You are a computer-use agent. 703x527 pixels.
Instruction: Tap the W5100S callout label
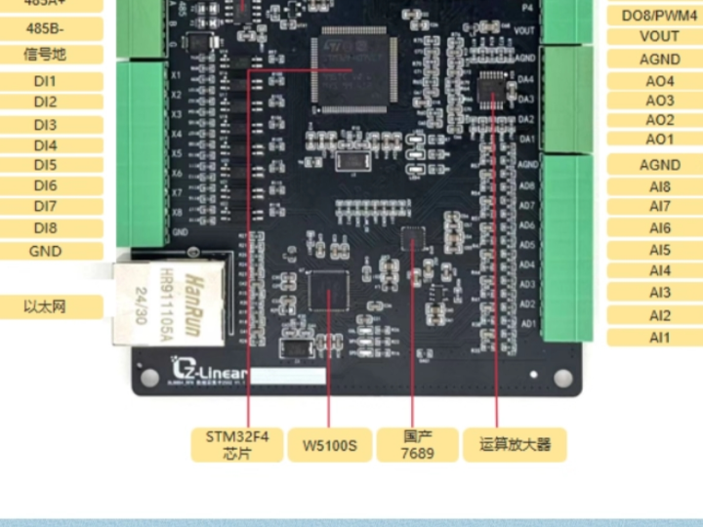(x=328, y=446)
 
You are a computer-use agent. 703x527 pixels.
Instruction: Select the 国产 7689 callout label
(x=417, y=444)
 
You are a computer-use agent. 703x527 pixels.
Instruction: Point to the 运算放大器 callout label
(x=515, y=444)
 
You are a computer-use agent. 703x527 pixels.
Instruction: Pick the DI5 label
(x=46, y=165)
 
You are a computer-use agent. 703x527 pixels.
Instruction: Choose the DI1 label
(x=46, y=81)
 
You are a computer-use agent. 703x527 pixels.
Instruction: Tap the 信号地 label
(x=46, y=55)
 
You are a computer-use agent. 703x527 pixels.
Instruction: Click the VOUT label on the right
(x=659, y=36)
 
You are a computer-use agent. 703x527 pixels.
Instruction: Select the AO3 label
(x=659, y=101)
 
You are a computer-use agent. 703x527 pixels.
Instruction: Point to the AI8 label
(x=660, y=186)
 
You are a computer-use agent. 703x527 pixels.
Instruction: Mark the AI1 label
(x=660, y=338)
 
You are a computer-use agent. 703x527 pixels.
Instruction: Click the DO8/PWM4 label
(x=659, y=15)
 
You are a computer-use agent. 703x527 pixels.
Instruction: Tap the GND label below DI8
(x=46, y=251)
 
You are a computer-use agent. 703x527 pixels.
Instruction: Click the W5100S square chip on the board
(x=327, y=291)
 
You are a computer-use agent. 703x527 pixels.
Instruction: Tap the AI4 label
(x=660, y=270)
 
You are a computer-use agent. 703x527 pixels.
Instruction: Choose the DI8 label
(x=46, y=228)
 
